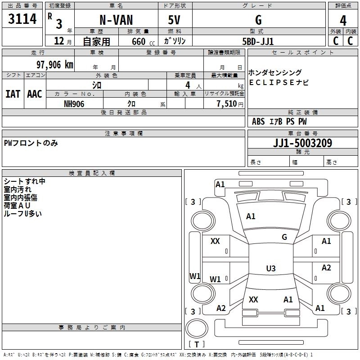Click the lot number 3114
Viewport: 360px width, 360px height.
point(22,19)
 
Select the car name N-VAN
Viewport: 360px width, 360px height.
point(116,20)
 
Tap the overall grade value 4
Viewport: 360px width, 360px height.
point(343,21)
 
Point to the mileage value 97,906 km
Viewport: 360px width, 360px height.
point(55,65)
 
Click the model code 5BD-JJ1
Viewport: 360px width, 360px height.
point(258,41)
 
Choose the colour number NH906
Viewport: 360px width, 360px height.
point(74,104)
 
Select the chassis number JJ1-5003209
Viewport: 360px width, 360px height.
point(302,143)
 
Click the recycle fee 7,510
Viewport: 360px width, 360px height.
point(227,104)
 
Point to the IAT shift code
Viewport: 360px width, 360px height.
point(13,94)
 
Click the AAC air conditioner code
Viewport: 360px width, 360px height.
point(35,94)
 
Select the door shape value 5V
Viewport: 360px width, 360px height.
point(174,20)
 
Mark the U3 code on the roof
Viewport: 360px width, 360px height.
point(271,268)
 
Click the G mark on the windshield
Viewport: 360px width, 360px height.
point(284,237)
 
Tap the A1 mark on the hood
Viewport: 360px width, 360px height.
point(251,216)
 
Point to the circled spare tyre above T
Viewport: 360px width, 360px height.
point(197,328)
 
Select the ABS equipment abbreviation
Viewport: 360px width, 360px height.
point(258,121)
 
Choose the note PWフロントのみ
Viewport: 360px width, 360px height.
point(31,143)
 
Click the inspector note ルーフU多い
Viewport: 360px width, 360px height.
point(23,214)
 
